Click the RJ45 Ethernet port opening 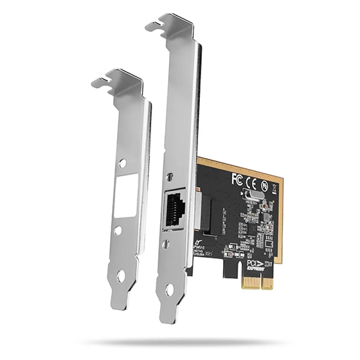click(x=176, y=210)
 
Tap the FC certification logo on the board click(x=237, y=179)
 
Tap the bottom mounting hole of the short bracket click(x=121, y=274)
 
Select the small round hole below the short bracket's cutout click(x=118, y=231)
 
